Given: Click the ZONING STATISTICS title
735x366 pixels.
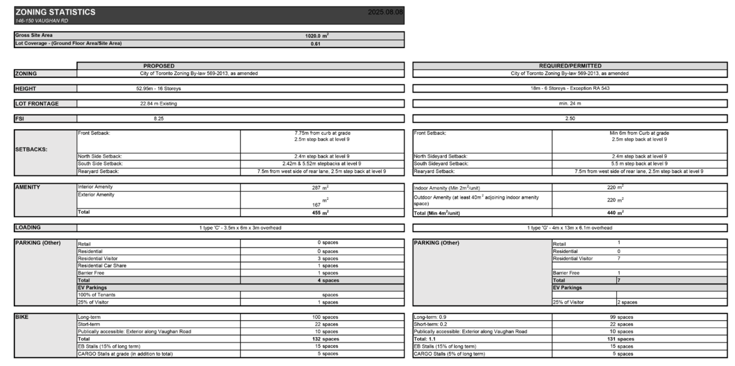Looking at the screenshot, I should click(x=56, y=12).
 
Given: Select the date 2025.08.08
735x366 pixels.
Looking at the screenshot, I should click(x=385, y=12).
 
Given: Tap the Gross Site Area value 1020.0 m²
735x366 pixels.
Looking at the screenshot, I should click(x=316, y=36).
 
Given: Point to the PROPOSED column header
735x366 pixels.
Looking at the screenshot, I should click(x=158, y=66).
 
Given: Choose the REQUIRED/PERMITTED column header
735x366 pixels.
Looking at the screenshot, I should click(x=570, y=66).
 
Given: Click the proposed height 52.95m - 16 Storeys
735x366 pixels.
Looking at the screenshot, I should click(x=158, y=88).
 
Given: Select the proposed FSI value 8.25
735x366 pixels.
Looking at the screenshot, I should click(x=158, y=119).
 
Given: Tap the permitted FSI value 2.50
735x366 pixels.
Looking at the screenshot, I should click(x=570, y=119).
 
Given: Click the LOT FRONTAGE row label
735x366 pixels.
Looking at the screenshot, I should click(x=37, y=104).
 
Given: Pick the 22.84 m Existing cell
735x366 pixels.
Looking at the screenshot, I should click(x=158, y=104).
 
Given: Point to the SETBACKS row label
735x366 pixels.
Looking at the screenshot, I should click(x=32, y=149).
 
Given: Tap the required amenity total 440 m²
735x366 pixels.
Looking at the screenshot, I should click(x=615, y=212).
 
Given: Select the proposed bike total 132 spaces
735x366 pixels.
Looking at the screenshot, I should click(x=322, y=339).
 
